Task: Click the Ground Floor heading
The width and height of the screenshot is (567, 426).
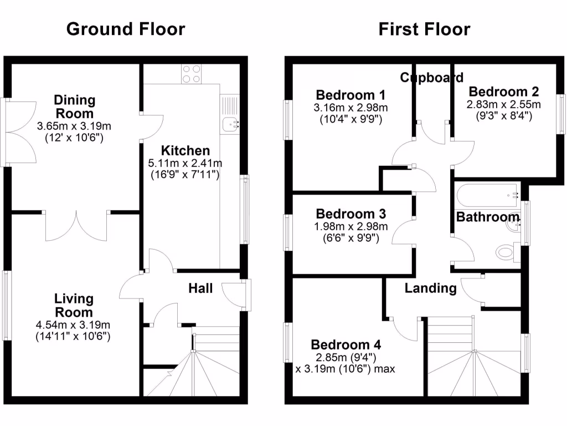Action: [126, 29]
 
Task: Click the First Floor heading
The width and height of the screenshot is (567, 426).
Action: [424, 29]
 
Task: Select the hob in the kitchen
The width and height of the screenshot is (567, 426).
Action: [191, 74]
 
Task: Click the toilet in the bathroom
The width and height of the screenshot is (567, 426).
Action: [507, 252]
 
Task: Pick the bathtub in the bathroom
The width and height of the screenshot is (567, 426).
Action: [487, 195]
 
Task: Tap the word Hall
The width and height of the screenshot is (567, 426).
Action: [200, 288]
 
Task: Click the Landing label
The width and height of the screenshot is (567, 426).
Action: [430, 288]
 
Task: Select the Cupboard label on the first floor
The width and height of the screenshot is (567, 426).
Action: [431, 77]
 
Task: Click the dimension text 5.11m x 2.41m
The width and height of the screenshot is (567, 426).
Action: [185, 163]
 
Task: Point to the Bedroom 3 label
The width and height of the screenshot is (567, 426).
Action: [350, 214]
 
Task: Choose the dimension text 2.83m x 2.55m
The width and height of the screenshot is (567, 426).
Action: [503, 104]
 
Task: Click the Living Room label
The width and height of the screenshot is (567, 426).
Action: [74, 305]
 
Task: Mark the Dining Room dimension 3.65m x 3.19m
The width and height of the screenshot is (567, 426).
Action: [74, 126]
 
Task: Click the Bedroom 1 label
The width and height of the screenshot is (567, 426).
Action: [350, 94]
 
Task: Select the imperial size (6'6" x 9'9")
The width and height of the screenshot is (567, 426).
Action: [350, 239]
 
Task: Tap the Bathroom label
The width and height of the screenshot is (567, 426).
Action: [487, 217]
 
